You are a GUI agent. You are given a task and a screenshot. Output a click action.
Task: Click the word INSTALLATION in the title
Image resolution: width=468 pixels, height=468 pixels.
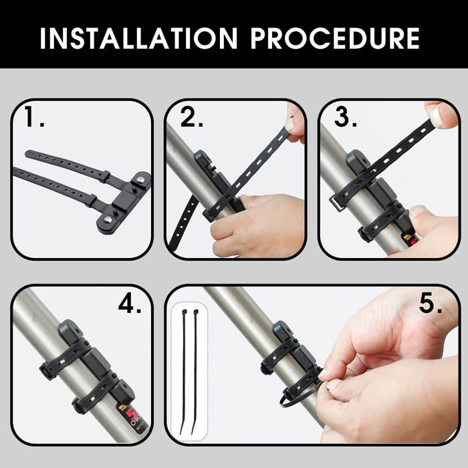coord(139,38)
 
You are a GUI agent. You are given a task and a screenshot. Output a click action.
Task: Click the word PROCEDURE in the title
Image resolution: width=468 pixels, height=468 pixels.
coord(335,38)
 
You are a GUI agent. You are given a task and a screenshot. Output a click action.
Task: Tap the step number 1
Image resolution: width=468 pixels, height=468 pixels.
coord(34,116)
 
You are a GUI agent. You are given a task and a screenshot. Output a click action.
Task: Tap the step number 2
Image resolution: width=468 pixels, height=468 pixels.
coord(192,116)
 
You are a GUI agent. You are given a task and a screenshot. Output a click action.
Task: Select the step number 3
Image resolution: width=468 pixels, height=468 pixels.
coord(346,116)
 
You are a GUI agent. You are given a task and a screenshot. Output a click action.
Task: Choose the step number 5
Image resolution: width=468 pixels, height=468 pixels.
coord(431,304)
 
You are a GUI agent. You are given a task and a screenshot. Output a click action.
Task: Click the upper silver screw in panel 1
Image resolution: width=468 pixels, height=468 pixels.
coord(140,180)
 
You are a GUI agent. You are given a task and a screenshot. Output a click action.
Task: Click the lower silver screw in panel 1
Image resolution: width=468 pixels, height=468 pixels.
coord(108,220)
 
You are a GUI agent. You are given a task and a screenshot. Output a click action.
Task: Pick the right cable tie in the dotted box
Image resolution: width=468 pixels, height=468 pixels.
coord(195,372)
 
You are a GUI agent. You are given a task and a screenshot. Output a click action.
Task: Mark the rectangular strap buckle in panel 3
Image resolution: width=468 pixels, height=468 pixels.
coord(336,203)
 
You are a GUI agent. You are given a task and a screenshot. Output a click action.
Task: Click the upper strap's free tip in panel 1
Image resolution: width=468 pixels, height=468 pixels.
coord(28,154)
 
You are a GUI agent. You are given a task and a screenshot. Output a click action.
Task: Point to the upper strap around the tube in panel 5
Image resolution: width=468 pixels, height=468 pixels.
coord(279,355)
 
